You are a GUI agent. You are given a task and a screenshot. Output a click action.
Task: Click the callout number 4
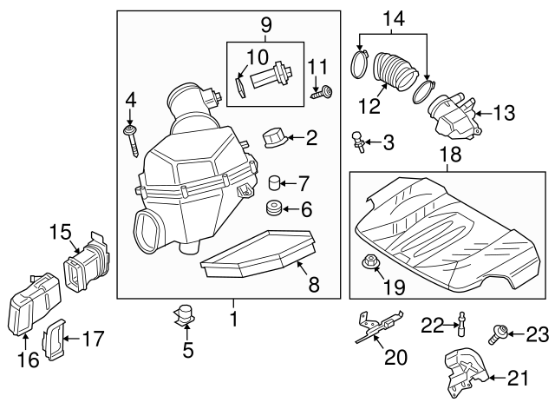pos(130,99)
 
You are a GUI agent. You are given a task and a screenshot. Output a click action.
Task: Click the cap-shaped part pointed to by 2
pos(275,137)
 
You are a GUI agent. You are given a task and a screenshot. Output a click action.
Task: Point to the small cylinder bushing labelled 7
pos(275,183)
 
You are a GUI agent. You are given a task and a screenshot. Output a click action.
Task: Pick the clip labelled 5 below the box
pos(185,317)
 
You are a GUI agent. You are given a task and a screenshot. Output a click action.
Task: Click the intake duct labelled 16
pos(33,303)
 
